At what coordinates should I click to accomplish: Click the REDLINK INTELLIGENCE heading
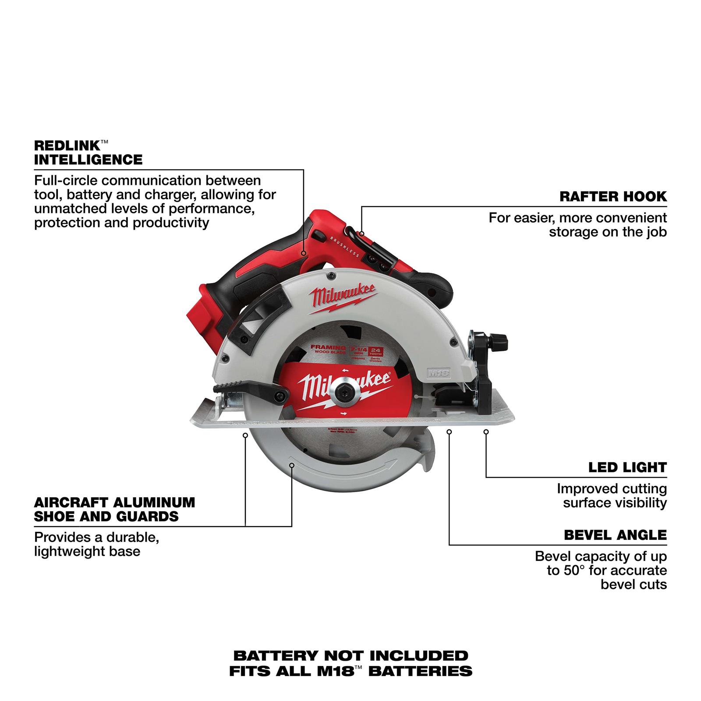(x=88, y=152)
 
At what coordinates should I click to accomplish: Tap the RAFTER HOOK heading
(x=613, y=196)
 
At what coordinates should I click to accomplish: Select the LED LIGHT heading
(x=627, y=467)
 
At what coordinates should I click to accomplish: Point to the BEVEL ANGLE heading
(x=615, y=535)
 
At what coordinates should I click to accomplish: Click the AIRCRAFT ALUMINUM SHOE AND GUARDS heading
(x=114, y=509)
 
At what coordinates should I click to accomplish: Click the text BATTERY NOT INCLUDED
(x=350, y=655)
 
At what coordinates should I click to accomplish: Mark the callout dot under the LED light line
(x=486, y=432)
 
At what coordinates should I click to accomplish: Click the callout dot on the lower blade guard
(x=292, y=465)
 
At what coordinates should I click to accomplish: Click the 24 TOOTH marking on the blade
(x=375, y=338)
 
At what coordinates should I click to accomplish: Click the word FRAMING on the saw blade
(x=325, y=335)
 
